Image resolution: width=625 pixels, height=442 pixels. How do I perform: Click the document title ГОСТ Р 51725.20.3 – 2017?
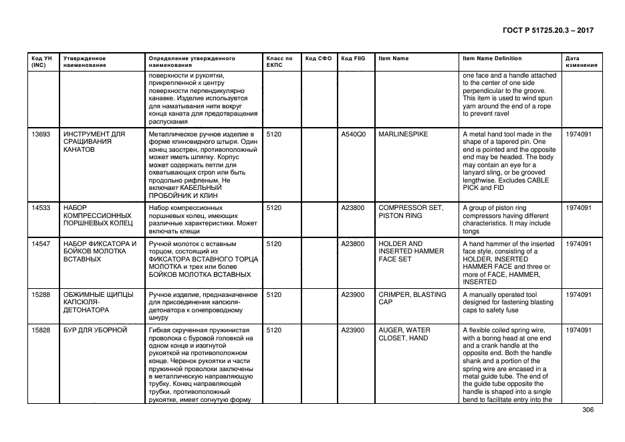point(547,31)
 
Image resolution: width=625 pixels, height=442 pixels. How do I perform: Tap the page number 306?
point(588,410)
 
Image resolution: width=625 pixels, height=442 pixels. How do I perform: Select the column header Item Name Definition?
point(492,58)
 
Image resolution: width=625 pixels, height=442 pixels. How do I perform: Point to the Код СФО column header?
point(318,58)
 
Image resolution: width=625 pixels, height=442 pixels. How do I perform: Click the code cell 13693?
point(41,134)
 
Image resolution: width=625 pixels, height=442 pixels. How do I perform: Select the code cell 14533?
point(41,208)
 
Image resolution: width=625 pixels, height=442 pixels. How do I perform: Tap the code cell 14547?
point(41,244)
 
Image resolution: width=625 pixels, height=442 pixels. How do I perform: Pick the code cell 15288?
point(41,294)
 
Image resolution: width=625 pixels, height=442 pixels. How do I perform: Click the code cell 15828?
point(41,330)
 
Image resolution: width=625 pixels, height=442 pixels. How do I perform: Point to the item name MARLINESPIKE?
point(403,134)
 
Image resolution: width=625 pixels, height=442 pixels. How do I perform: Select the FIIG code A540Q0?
point(353,134)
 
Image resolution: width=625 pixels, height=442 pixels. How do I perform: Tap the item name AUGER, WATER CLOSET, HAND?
point(404,334)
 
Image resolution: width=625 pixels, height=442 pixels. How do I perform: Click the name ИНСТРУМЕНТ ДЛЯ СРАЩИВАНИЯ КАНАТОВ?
point(94,142)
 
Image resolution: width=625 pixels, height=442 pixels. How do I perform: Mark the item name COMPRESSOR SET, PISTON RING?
point(410,211)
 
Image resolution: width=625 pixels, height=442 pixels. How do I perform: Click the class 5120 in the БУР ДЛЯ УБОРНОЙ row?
point(274,330)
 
